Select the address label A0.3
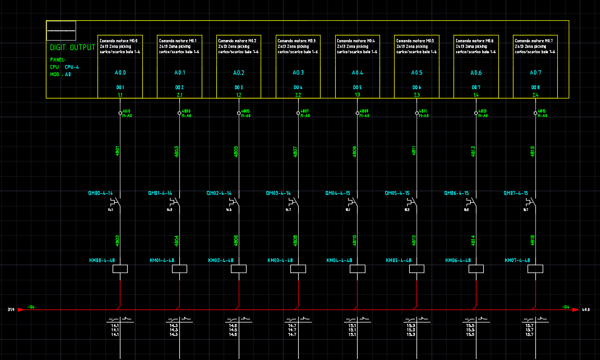point(298,73)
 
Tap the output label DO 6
point(417,87)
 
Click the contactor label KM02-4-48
point(221,260)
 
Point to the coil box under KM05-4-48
point(417,269)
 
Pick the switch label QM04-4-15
point(338,193)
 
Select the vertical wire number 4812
point(414,241)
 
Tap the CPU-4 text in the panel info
point(72,67)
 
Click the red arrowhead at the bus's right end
point(575,310)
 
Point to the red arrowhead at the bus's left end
point(21,310)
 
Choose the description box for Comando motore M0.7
point(535,67)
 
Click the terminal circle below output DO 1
point(120,113)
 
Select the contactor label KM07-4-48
point(517,260)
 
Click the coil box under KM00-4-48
point(120,269)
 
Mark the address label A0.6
point(476,73)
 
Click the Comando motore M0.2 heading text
point(237,41)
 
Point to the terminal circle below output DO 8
point(535,113)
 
